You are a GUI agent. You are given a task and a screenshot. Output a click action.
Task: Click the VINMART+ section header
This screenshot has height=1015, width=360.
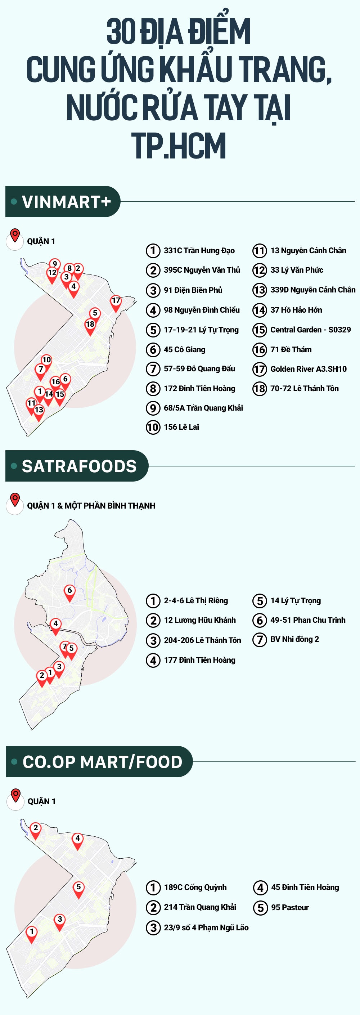[63, 202]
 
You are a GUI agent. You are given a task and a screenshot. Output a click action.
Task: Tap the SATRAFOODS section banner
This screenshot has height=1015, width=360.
[77, 466]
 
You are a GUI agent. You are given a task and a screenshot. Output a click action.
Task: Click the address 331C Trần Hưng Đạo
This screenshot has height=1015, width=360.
[199, 251]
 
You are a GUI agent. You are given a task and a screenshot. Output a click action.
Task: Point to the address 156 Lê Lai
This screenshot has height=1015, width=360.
[181, 427]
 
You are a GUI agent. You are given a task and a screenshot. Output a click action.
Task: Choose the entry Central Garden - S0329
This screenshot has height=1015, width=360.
[310, 330]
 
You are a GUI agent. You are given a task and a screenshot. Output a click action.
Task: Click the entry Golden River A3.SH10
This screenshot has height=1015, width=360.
[308, 369]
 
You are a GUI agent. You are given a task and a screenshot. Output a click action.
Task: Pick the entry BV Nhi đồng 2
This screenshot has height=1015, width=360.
[294, 639]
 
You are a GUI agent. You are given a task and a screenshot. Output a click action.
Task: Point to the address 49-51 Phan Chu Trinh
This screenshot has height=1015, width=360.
[307, 620]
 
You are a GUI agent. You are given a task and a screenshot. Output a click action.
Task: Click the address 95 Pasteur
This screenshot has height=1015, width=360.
[289, 907]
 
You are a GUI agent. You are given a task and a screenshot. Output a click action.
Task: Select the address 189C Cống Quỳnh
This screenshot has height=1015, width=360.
[195, 887]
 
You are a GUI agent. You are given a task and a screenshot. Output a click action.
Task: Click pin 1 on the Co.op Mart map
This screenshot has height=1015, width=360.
[32, 932]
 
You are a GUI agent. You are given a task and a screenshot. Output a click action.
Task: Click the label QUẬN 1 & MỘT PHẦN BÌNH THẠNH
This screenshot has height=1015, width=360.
[91, 506]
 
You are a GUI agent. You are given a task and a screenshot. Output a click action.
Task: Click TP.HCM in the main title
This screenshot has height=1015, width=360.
[180, 146]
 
